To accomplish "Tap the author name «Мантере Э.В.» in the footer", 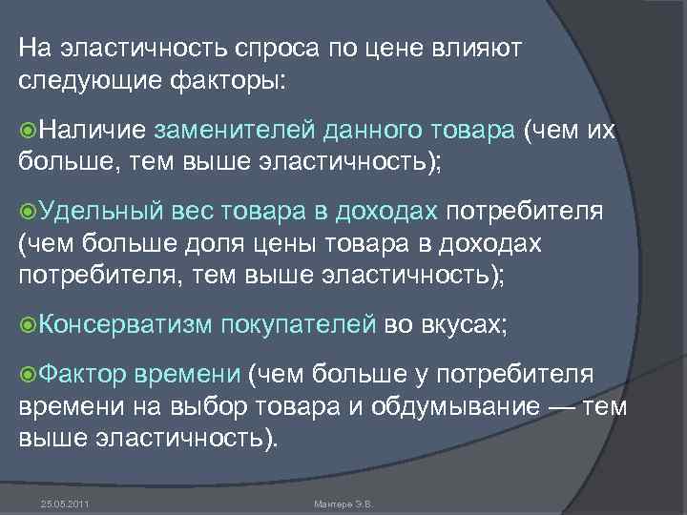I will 347,503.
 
